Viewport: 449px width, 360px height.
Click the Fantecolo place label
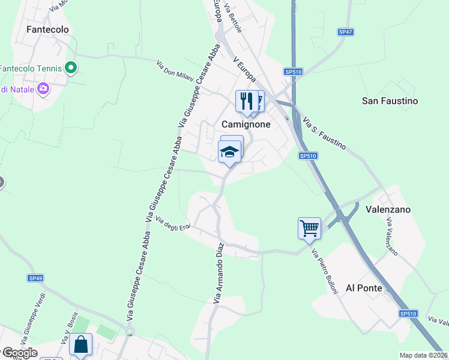click(x=48, y=29)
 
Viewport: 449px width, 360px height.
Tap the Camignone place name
click(x=246, y=124)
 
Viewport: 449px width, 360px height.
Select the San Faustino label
click(x=390, y=101)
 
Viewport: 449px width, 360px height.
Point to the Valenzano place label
click(x=388, y=209)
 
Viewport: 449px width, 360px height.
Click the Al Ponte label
click(x=364, y=288)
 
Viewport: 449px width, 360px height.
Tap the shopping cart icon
click(x=309, y=227)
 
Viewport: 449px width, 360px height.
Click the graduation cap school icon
click(x=230, y=152)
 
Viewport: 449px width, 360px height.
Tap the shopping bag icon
click(x=80, y=344)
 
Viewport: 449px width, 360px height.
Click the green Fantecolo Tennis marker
click(x=71, y=68)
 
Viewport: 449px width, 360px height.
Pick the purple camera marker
click(x=43, y=89)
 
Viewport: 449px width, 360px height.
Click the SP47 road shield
click(x=345, y=32)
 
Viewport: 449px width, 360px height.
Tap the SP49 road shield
click(x=35, y=278)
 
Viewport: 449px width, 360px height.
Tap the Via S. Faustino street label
click(x=325, y=133)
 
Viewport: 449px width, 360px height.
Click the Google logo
click(x=19, y=352)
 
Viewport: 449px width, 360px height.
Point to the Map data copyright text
click(x=423, y=355)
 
